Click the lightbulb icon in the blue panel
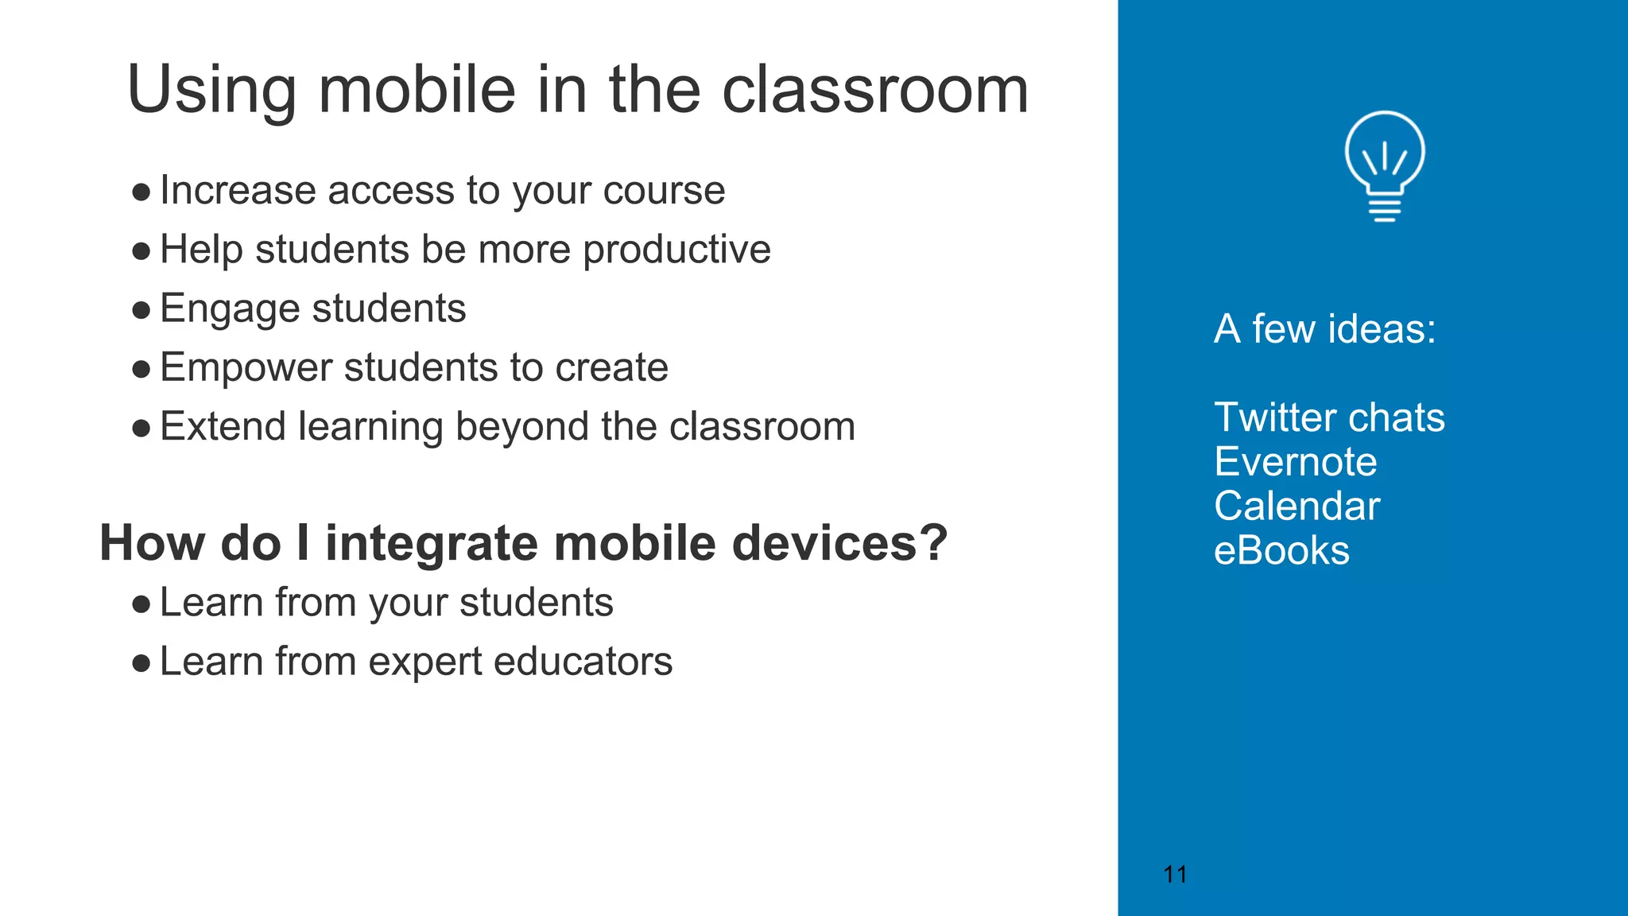point(1385,165)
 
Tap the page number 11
point(1175,875)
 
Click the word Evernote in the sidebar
point(1295,462)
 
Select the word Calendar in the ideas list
point(1297,507)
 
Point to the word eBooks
point(1281,551)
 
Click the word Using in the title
point(211,91)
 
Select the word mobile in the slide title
point(417,89)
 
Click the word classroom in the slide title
point(875,89)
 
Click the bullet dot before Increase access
point(141,192)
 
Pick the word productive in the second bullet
point(676,250)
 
